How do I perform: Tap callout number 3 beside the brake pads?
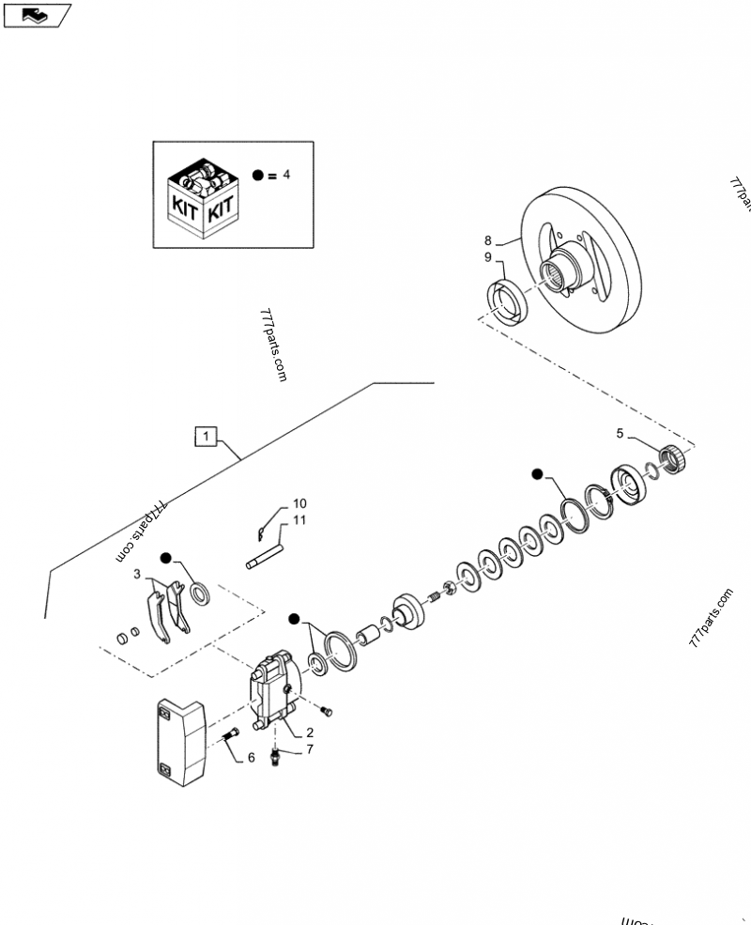click(137, 573)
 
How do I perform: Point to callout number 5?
click(619, 434)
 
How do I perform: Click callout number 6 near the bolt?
click(251, 756)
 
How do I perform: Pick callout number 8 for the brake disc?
click(488, 239)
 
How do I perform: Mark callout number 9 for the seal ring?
click(488, 257)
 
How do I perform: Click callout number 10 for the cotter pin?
click(299, 503)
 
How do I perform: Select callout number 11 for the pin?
click(299, 520)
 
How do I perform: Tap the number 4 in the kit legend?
click(286, 175)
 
